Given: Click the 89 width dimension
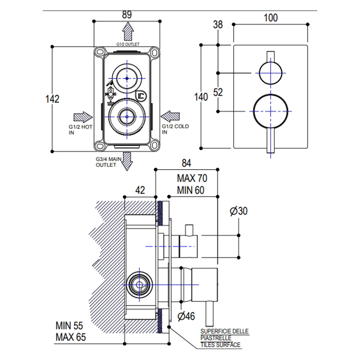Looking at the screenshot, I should coord(127,15).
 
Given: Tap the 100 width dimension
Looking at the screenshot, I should coord(270,17).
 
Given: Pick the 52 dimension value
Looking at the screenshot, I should coord(218,92).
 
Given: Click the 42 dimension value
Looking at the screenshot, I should coord(140,189).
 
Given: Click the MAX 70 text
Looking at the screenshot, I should coord(192,178).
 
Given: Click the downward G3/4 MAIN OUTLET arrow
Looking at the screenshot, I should coord(127,160).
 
